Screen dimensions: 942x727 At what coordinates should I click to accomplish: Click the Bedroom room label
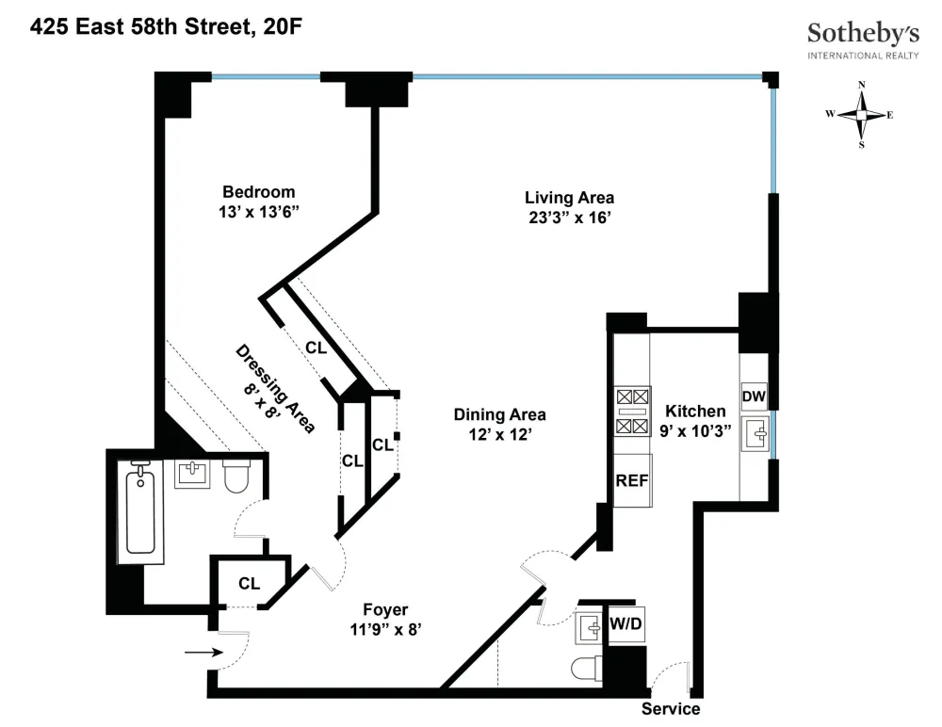(259, 192)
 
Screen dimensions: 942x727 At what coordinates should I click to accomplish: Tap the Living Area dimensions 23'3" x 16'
(570, 218)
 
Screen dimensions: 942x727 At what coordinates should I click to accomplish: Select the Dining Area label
(500, 414)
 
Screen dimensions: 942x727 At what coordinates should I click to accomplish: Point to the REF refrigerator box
(632, 480)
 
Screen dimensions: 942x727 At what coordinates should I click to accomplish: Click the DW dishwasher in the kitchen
(754, 396)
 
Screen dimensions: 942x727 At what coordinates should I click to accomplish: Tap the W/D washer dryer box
(626, 623)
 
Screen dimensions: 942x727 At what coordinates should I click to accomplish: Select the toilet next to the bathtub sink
(236, 476)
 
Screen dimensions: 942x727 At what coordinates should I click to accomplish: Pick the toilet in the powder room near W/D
(586, 668)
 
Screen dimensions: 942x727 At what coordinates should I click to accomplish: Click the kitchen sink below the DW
(755, 433)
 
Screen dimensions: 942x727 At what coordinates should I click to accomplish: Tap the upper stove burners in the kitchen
(632, 396)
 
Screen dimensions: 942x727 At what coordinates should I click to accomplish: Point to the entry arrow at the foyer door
(203, 653)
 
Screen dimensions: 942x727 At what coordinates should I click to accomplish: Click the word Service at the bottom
(671, 709)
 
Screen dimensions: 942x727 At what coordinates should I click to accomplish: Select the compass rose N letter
(862, 85)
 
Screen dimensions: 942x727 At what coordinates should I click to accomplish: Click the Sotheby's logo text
(863, 34)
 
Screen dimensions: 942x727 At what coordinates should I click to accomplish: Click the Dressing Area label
(275, 389)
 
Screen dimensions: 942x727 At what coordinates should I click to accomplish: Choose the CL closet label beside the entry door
(250, 584)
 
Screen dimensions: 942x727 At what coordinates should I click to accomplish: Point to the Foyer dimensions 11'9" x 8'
(385, 629)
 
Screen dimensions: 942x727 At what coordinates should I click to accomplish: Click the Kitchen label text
(695, 411)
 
